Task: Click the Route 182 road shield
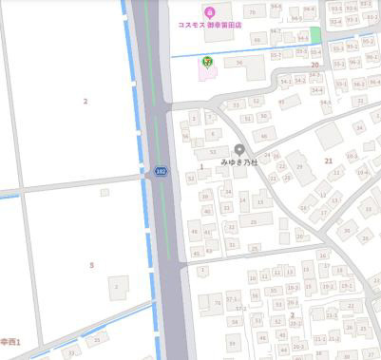coord(161,171)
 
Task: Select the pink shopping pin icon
coord(209,9)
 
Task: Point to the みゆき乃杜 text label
coord(239,162)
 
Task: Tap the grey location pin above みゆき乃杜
coord(239,149)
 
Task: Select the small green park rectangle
coord(315,34)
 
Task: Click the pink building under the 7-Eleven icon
coord(207,71)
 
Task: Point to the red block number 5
coord(91,265)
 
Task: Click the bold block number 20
coord(314,65)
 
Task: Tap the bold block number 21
coord(329,161)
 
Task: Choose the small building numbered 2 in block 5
coord(117,285)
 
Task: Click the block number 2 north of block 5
coord(85,101)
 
